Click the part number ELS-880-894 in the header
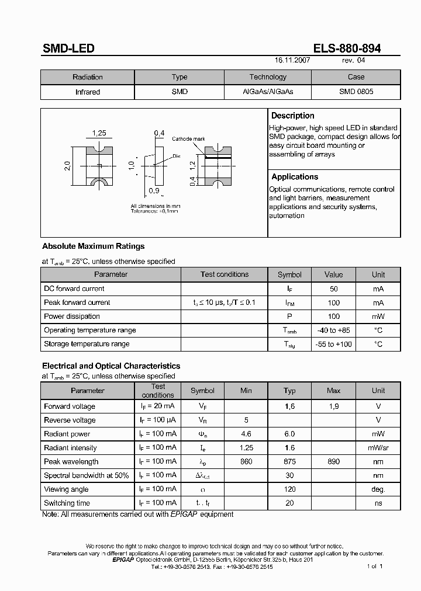pyautogui.click(x=347, y=48)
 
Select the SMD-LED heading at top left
pyautogui.click(x=68, y=48)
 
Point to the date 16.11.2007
pyautogui.click(x=292, y=60)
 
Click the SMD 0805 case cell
pyautogui.click(x=356, y=92)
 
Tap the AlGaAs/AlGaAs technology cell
pyautogui.click(x=268, y=92)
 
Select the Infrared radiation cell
pyautogui.click(x=88, y=92)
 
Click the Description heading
pyautogui.click(x=293, y=116)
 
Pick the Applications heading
pyautogui.click(x=295, y=176)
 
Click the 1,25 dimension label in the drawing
pyautogui.click(x=99, y=133)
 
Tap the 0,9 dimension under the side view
pyautogui.click(x=154, y=191)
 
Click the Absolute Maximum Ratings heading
pyautogui.click(x=93, y=246)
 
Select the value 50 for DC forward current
pyautogui.click(x=333, y=288)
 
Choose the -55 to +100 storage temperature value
pyautogui.click(x=333, y=344)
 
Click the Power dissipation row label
pyautogui.click(x=72, y=316)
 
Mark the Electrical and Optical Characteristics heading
pyautogui.click(x=111, y=366)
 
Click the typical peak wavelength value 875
pyautogui.click(x=289, y=461)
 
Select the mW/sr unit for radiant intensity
pyautogui.click(x=378, y=447)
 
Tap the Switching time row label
pyautogui.click(x=67, y=503)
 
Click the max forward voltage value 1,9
pyautogui.click(x=333, y=406)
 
